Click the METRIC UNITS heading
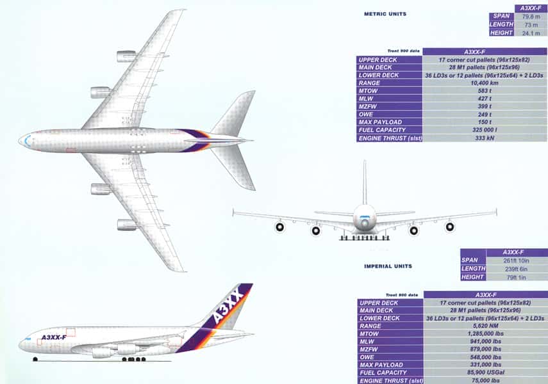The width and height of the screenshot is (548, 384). click(x=385, y=14)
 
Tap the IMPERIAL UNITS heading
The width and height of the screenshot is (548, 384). click(x=388, y=266)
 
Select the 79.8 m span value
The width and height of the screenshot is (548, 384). click(x=531, y=17)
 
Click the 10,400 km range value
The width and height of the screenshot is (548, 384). click(x=485, y=83)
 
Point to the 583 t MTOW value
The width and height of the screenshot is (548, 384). click(x=485, y=91)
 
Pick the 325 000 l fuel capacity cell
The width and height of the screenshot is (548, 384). click(x=485, y=130)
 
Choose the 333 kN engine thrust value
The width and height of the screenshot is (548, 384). click(x=485, y=138)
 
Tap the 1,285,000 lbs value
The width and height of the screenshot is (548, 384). click(x=486, y=333)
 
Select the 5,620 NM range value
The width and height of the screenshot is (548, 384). click(x=486, y=326)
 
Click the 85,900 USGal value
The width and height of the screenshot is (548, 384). click(x=486, y=372)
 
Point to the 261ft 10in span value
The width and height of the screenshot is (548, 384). click(x=516, y=260)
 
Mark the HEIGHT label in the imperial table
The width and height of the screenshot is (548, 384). click(x=472, y=277)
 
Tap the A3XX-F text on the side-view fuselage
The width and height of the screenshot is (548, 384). click(x=54, y=337)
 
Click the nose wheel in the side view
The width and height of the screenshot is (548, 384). click(x=35, y=359)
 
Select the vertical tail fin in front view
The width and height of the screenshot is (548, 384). click(x=365, y=182)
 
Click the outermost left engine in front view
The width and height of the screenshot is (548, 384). click(x=279, y=227)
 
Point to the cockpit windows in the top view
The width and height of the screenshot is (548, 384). click(x=27, y=141)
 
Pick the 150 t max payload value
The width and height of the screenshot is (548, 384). click(x=485, y=122)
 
